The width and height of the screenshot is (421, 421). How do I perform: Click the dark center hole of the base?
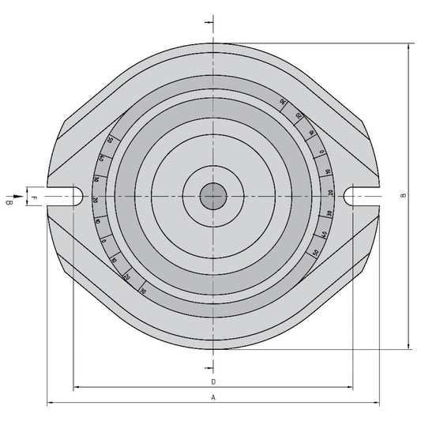click(212, 196)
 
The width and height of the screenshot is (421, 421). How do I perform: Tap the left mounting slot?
click(67, 195)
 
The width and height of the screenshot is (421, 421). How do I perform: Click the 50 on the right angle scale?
click(316, 252)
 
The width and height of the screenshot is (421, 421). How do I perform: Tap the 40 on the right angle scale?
click(324, 235)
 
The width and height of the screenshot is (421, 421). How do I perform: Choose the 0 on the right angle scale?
click(321, 152)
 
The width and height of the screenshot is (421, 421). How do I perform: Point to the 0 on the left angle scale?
click(103, 240)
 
